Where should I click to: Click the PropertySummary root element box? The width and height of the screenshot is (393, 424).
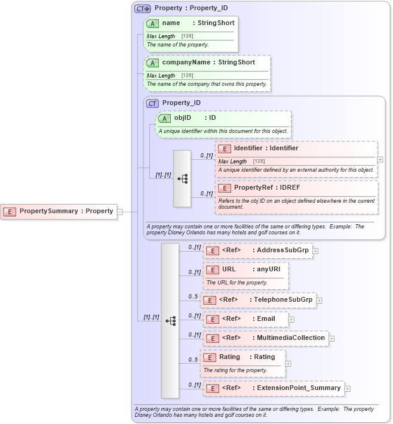59,211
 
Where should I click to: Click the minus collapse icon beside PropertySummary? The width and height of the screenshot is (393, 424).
120,211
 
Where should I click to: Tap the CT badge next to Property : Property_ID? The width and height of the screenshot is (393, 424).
142,8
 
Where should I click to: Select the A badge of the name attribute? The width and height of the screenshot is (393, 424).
152,23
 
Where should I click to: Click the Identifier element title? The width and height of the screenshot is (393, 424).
266,148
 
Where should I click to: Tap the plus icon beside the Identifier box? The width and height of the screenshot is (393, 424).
380,160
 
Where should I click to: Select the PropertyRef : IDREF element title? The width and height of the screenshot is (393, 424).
262,188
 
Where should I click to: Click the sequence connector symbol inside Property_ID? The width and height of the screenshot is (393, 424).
182,178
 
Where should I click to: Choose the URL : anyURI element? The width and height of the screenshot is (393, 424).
245,270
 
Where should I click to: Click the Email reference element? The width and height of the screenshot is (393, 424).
245,319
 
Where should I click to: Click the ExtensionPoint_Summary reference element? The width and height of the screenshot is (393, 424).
273,388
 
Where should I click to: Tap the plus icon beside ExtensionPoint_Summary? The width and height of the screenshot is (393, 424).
348,389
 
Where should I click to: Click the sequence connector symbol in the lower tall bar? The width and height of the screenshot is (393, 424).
170,321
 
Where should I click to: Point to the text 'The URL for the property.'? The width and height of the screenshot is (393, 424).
237,283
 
